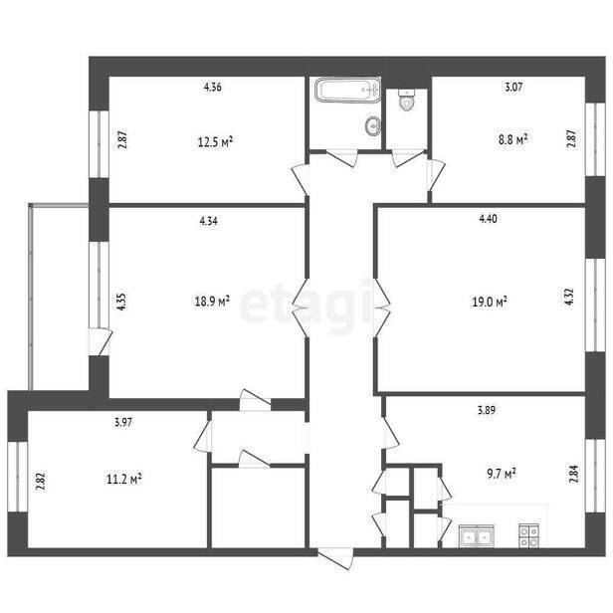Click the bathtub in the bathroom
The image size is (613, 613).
347,90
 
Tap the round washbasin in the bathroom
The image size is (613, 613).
373,125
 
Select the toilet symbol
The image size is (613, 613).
407,101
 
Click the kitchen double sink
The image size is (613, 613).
476,536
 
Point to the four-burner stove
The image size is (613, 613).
529,536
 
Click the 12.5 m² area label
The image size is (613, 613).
215,141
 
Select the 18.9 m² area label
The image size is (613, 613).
212,301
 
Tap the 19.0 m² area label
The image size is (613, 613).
490,302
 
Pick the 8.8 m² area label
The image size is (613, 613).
512,139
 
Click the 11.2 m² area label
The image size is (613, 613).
124,479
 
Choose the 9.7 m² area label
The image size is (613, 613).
502,474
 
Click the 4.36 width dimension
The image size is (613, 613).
213,87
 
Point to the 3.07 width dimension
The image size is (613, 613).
513,87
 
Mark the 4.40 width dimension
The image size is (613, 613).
488,218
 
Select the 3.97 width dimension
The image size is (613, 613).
123,422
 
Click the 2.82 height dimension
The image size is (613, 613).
42,482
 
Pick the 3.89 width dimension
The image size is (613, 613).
487,410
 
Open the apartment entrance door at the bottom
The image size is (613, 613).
335,558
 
